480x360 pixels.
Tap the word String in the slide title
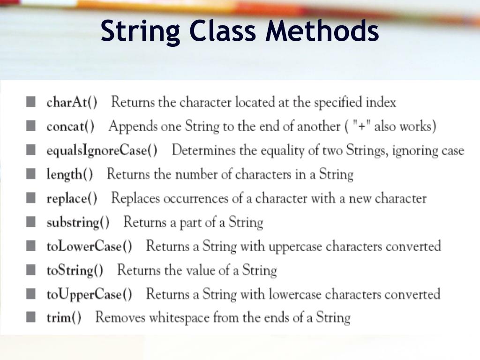140,31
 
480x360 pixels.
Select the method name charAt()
72,102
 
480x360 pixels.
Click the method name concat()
70,127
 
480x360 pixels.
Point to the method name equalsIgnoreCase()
102,150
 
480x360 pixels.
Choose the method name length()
69,174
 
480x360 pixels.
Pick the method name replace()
72,198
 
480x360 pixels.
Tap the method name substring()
78,222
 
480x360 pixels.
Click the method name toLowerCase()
89,246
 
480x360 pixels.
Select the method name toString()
75,270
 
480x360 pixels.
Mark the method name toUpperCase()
89,294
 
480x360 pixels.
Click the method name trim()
64,318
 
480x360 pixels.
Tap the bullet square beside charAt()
31,102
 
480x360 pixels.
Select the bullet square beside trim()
31,317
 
